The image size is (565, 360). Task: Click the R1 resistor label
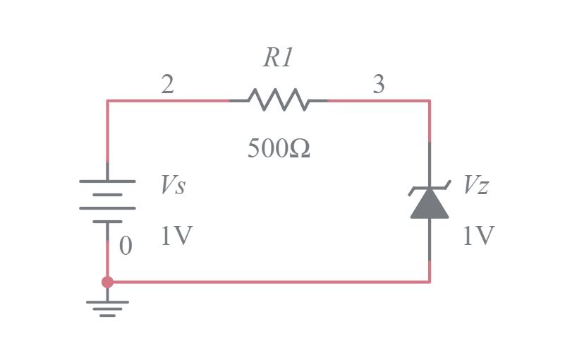click(278, 59)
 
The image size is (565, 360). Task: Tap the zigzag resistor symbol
click(279, 101)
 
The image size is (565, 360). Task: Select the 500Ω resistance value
click(279, 149)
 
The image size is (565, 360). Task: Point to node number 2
click(167, 85)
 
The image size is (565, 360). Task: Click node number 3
click(379, 85)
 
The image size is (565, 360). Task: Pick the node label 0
click(126, 246)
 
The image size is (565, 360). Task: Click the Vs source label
click(174, 186)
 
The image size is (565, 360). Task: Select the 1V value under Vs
click(176, 236)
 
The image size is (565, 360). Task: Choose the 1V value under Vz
click(478, 236)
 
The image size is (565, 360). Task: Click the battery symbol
click(107, 201)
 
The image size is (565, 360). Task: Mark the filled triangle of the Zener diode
click(430, 205)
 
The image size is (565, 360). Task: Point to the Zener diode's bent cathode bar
click(430, 189)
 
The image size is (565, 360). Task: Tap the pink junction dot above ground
click(107, 282)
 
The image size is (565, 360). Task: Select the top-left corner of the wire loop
click(108, 101)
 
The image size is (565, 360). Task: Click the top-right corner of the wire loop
click(430, 101)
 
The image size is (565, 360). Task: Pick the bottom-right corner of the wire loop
click(430, 282)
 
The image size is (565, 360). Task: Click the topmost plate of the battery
click(107, 181)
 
